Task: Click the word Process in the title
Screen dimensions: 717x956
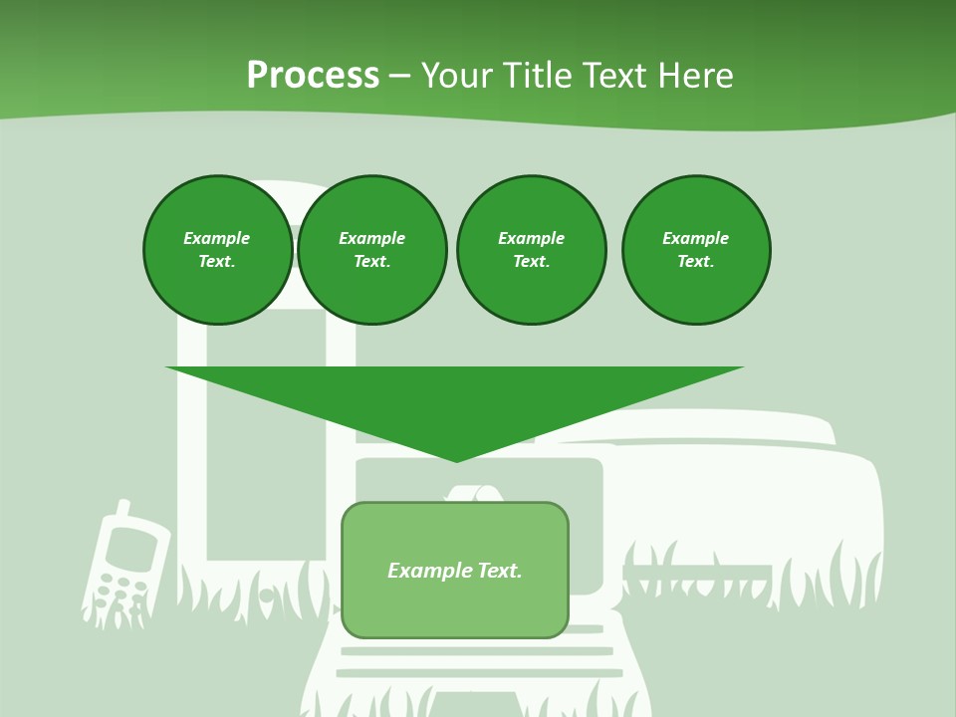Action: [313, 76]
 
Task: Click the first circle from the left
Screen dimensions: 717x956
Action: [217, 249]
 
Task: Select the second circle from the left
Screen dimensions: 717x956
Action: [371, 249]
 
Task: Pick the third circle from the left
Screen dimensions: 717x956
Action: [531, 249]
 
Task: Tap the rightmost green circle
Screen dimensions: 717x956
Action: [696, 249]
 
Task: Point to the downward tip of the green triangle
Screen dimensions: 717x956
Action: [456, 460]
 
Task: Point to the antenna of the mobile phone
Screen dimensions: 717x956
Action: [122, 511]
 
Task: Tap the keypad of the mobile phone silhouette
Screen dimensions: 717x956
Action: [118, 592]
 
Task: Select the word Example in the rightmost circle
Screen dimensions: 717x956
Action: [696, 238]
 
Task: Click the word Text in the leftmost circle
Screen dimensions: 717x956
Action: [216, 262]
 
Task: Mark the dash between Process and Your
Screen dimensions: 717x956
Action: [399, 76]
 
